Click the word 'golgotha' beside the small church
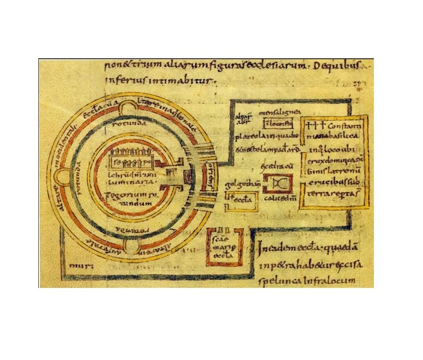(x=236, y=184)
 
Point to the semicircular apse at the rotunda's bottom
(x=129, y=248)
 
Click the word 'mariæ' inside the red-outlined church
(x=224, y=249)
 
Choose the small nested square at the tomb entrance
(x=189, y=177)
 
